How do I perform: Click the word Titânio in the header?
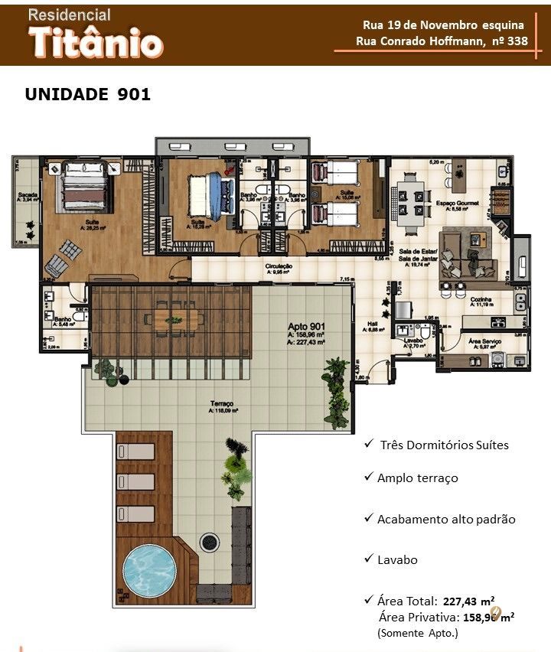[96, 44]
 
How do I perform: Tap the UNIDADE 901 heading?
[88, 95]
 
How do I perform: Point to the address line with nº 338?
[442, 41]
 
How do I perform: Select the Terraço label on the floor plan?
[223, 403]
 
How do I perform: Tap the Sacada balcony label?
[28, 195]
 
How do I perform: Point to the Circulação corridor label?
[279, 267]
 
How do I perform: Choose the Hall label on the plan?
[373, 324]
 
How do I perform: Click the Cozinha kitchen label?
[481, 299]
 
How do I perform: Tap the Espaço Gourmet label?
[452, 203]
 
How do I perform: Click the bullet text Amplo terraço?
[417, 478]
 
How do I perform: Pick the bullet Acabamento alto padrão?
[446, 519]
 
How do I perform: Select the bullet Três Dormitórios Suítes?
[444, 445]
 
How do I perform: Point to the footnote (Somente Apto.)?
[417, 633]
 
